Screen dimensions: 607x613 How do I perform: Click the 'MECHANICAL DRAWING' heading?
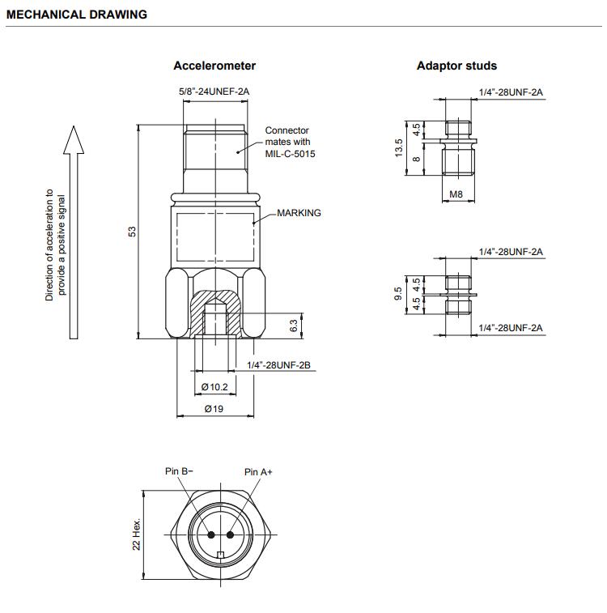[x=77, y=15]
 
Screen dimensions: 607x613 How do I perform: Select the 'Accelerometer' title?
[x=214, y=66]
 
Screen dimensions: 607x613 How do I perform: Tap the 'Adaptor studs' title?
[x=456, y=66]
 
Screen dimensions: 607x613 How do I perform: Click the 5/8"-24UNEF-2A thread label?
[x=214, y=92]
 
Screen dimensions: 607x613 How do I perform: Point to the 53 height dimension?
[x=133, y=232]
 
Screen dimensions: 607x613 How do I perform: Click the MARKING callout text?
[x=299, y=213]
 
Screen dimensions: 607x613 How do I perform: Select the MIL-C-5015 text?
[x=290, y=154]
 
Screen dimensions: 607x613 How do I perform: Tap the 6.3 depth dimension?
[x=294, y=326]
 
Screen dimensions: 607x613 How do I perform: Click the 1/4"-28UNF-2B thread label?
[x=278, y=365]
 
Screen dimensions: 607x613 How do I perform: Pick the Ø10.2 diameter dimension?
[x=214, y=387]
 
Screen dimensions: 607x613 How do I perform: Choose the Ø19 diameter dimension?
[x=214, y=409]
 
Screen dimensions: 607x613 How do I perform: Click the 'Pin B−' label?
[x=179, y=471]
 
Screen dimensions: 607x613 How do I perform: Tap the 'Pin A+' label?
[x=258, y=472]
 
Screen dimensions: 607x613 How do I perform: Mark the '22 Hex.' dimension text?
[x=136, y=534]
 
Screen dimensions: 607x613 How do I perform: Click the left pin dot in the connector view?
[x=211, y=534]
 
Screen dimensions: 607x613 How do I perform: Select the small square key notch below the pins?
[x=221, y=555]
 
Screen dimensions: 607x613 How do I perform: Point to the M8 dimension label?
[x=456, y=194]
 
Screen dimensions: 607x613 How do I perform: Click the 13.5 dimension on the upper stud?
[x=398, y=147]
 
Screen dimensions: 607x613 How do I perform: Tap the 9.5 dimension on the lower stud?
[x=398, y=294]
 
